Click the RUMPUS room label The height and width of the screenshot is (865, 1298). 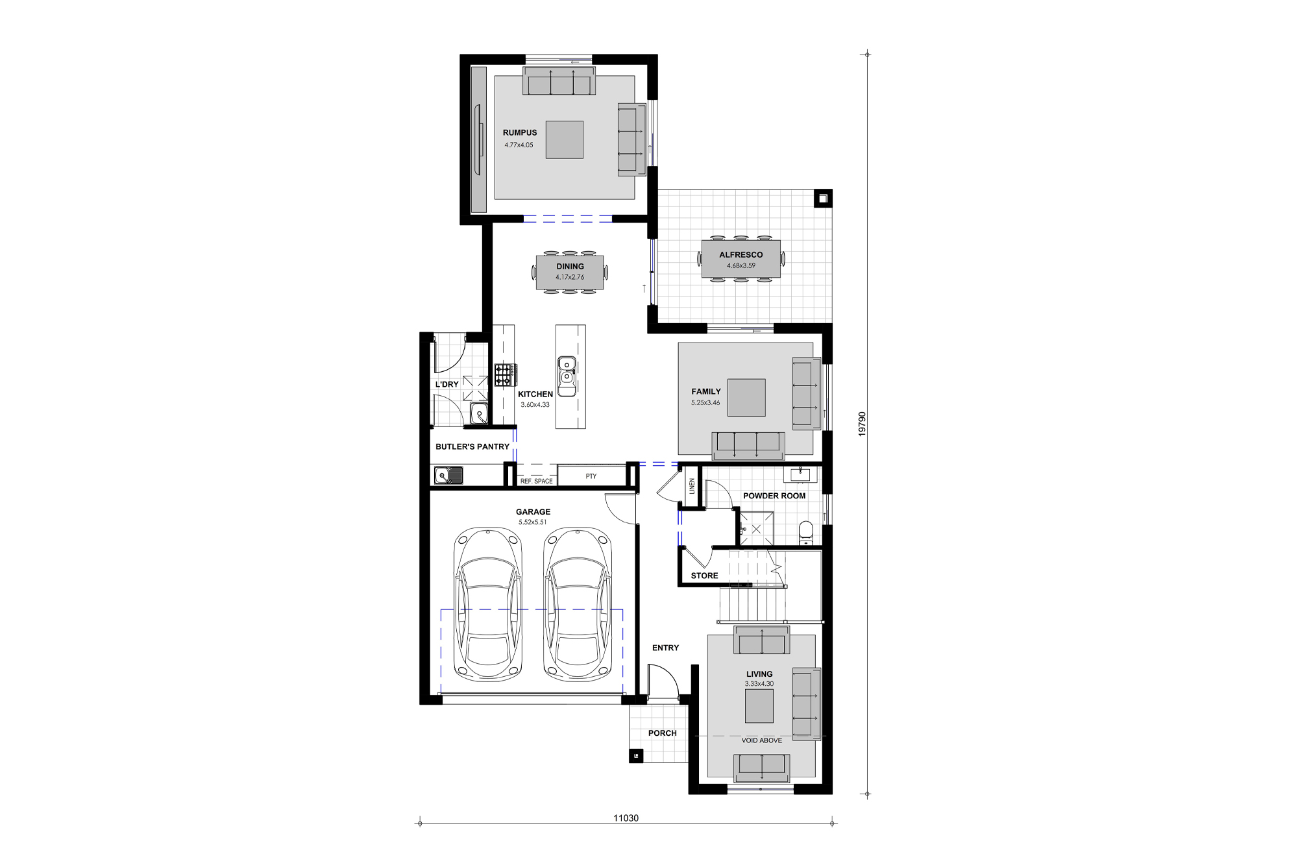tap(520, 132)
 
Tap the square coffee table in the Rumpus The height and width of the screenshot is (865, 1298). tap(564, 140)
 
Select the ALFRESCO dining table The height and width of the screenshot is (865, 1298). tap(741, 259)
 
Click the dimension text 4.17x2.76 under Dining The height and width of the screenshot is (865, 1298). tap(570, 277)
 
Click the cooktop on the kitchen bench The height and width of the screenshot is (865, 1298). tap(506, 374)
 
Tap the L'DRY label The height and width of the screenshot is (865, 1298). tap(447, 384)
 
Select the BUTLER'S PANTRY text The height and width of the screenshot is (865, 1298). tap(472, 446)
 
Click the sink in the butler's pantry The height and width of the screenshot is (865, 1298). tap(448, 476)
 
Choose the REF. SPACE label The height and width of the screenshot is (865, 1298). tap(536, 481)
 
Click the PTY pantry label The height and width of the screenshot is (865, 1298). tap(591, 476)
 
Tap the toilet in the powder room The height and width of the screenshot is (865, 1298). tap(805, 532)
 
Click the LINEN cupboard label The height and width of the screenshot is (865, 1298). tap(692, 485)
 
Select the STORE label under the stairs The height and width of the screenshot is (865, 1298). tap(704, 576)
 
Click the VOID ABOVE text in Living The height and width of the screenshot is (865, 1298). tap(761, 740)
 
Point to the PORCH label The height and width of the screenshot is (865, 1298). tap(662, 733)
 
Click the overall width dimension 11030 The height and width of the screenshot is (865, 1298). tap(626, 818)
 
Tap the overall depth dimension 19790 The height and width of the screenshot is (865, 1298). tap(863, 424)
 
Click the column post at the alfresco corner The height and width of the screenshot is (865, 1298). tap(823, 199)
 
